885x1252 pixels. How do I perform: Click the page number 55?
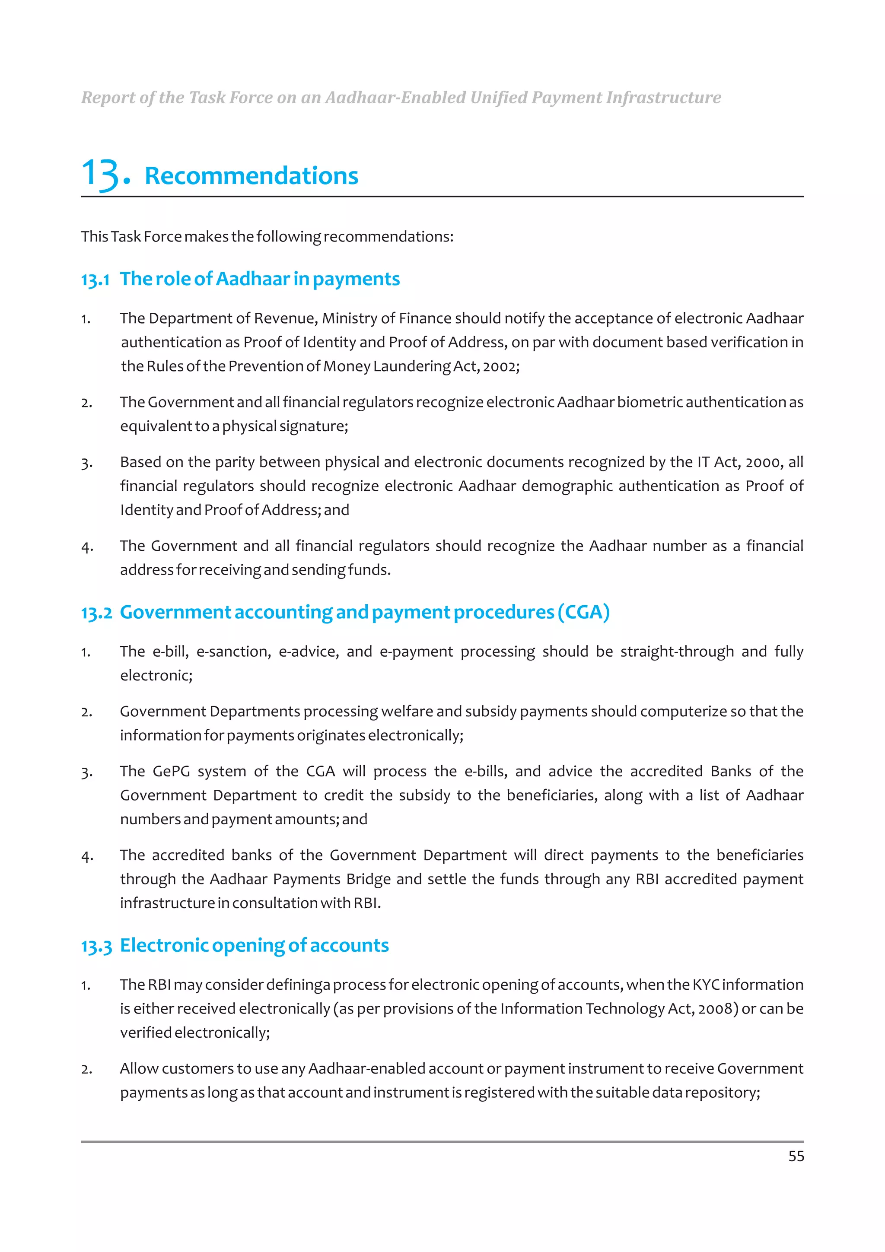796,1156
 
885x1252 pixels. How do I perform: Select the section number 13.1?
95,280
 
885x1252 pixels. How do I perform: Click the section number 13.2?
96,613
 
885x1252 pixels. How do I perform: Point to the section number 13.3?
96,946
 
